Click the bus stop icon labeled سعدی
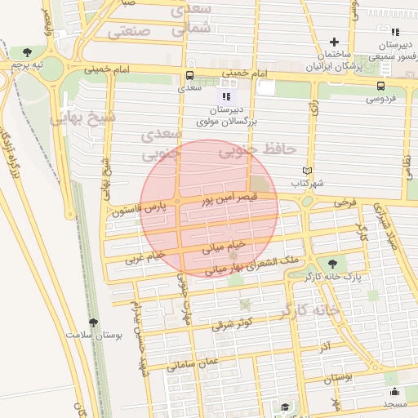tap(190, 77)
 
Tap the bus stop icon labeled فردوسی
tap(381, 86)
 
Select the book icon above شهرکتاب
tap(307, 171)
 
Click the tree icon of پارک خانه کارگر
tap(333, 263)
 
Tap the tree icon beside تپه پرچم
tap(28, 52)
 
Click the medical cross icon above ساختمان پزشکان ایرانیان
tap(333, 42)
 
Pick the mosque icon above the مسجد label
tap(394, 391)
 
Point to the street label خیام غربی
tap(145, 257)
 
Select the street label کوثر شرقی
tap(234, 322)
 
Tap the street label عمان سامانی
tap(195, 365)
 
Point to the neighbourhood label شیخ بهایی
tap(83, 119)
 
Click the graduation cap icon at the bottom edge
tap(285, 407)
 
